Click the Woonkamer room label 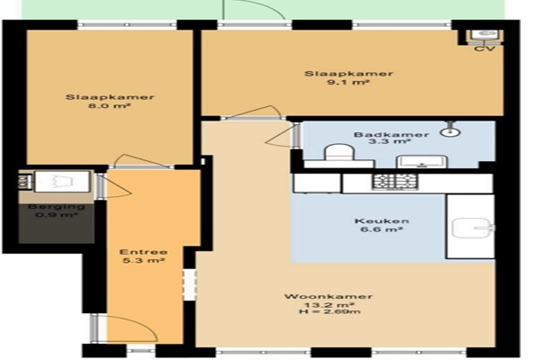[x=328, y=296]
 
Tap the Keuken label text [x=382, y=220]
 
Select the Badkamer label [x=391, y=134]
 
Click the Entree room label [x=143, y=252]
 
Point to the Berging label [x=56, y=207]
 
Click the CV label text [x=484, y=49]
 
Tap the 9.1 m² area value [x=348, y=82]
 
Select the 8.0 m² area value [x=110, y=106]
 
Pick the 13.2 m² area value [x=328, y=304]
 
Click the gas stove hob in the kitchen [x=395, y=182]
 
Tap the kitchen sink [x=472, y=228]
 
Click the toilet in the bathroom [x=339, y=152]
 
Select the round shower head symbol [x=451, y=131]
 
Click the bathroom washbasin [x=421, y=161]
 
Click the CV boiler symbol [x=484, y=36]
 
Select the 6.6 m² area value [x=382, y=229]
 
